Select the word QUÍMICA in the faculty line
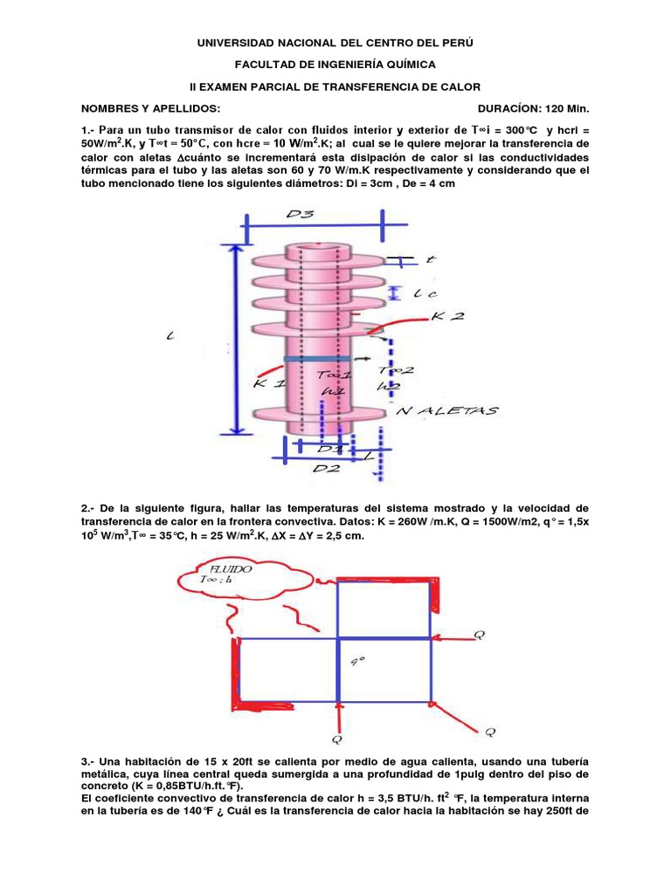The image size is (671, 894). (x=405, y=64)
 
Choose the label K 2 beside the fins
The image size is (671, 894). (x=447, y=316)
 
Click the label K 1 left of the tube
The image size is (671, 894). (x=269, y=382)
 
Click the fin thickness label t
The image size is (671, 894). (x=429, y=259)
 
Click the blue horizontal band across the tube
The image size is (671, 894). (x=316, y=359)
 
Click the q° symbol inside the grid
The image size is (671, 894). (x=357, y=661)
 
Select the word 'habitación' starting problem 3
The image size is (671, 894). (x=148, y=761)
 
